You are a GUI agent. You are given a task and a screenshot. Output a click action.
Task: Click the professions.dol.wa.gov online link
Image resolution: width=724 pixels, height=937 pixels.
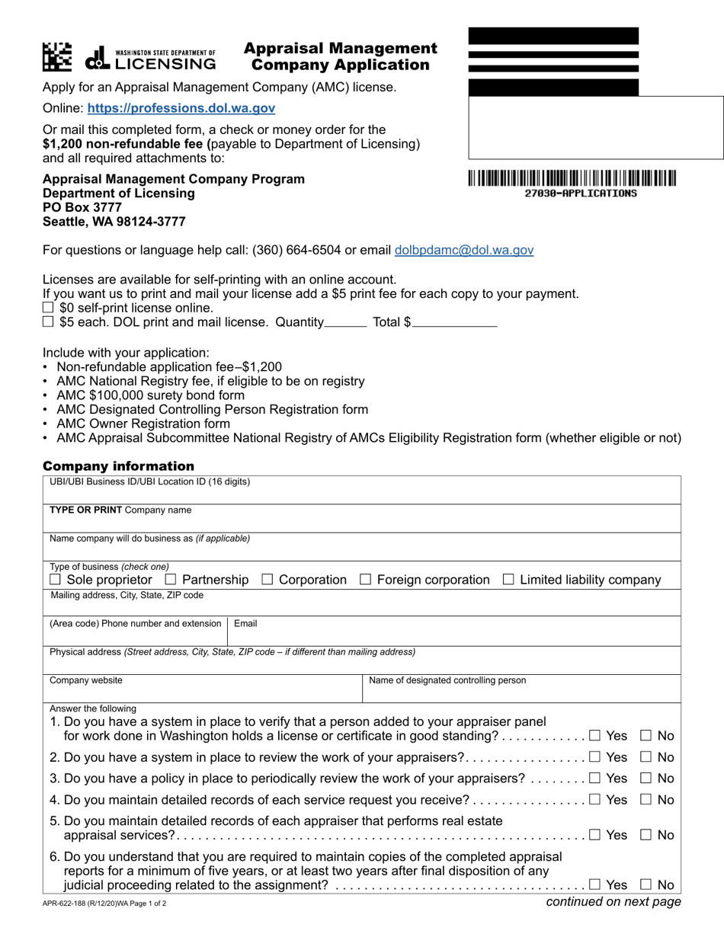(x=181, y=109)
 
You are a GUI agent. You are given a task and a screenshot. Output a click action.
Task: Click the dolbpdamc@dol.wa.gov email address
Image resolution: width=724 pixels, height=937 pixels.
(x=463, y=250)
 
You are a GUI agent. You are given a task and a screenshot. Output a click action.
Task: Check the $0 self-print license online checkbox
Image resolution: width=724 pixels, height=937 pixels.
(x=49, y=308)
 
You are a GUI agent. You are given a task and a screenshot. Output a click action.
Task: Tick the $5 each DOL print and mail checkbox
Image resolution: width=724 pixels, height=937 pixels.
(x=49, y=322)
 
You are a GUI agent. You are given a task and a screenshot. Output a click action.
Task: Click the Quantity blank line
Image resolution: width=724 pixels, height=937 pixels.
(x=345, y=323)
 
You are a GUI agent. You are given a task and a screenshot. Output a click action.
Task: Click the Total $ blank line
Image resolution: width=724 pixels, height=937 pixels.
(x=455, y=323)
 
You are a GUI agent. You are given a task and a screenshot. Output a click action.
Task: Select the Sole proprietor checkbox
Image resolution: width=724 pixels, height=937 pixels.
(x=56, y=580)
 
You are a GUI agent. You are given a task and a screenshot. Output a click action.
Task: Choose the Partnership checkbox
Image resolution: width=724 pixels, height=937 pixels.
(x=171, y=580)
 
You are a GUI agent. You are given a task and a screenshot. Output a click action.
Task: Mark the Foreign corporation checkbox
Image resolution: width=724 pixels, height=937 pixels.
(x=365, y=580)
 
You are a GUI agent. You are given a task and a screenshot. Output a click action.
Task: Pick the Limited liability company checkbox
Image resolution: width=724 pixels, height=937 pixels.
(x=508, y=580)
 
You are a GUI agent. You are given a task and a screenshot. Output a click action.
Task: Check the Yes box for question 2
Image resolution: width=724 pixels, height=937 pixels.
(x=595, y=757)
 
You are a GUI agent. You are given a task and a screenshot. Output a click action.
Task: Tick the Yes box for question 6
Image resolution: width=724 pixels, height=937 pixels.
(x=595, y=885)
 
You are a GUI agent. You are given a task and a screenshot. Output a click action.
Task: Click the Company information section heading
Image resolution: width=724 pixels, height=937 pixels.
(x=118, y=466)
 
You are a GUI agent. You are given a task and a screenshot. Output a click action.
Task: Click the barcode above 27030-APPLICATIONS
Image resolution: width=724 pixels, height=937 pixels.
(x=572, y=179)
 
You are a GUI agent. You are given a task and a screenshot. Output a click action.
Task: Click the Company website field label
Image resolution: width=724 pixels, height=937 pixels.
(x=85, y=680)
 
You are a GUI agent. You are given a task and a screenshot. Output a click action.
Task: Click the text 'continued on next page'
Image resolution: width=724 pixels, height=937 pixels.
(x=613, y=903)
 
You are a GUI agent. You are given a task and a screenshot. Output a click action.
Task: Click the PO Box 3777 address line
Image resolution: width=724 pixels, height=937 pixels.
(x=82, y=208)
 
